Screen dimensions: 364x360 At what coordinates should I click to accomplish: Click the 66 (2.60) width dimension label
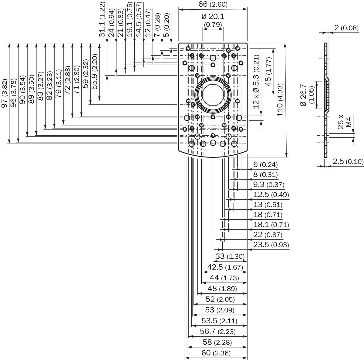(213, 4)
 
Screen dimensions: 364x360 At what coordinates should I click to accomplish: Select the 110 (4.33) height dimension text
(280, 100)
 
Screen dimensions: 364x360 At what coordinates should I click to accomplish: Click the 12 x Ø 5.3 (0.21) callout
(256, 82)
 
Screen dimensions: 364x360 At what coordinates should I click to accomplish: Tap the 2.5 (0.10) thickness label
(348, 161)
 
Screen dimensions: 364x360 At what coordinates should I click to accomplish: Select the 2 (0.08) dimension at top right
(347, 28)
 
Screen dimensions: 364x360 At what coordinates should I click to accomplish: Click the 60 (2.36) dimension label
(216, 353)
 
